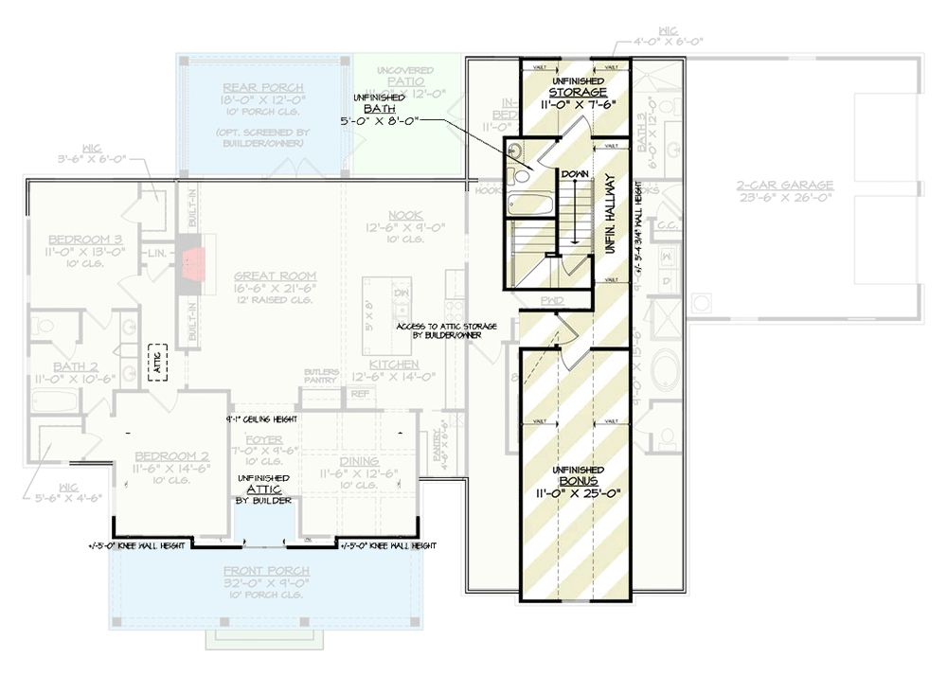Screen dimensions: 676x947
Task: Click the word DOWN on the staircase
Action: pyautogui.click(x=573, y=175)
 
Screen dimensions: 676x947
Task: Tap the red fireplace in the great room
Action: pyautogui.click(x=192, y=262)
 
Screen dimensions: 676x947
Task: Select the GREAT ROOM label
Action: pyautogui.click(x=275, y=276)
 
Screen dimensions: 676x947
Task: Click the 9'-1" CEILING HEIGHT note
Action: pyautogui.click(x=262, y=418)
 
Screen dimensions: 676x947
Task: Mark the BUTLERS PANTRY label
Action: pyautogui.click(x=322, y=375)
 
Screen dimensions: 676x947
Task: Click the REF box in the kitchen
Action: pyautogui.click(x=359, y=393)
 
